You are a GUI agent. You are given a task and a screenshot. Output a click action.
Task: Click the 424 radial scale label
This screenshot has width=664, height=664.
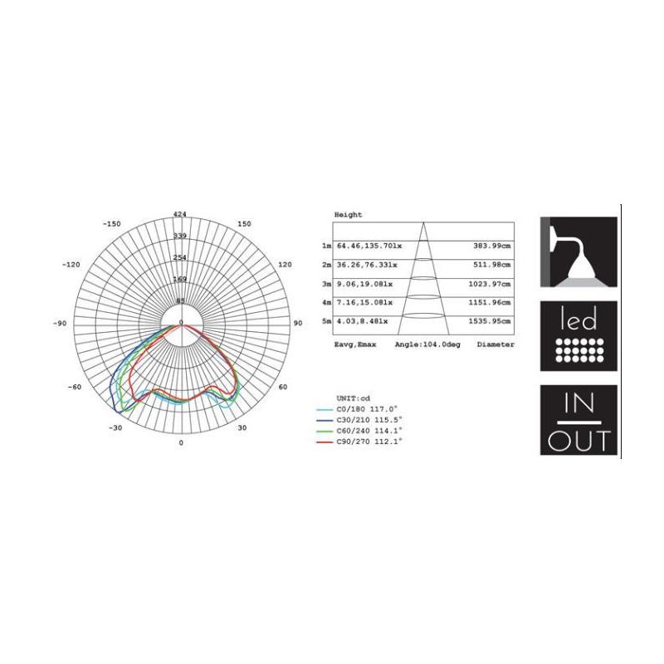180,215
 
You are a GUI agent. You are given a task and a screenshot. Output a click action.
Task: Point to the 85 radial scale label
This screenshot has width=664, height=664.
180,300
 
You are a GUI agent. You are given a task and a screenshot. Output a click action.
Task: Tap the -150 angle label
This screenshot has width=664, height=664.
112,224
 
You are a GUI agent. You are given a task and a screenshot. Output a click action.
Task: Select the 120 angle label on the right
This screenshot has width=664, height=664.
285,264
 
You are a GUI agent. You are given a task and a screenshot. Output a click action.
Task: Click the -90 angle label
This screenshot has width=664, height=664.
60,323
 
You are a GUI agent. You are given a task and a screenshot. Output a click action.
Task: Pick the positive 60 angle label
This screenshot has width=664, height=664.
282,387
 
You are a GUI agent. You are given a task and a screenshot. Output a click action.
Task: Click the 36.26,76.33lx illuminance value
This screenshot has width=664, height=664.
366,266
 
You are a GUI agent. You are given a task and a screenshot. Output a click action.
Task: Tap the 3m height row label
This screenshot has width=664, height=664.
327,284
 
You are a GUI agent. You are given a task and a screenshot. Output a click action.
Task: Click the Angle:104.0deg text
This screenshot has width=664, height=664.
427,344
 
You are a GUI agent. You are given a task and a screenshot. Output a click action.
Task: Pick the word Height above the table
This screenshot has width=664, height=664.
348,215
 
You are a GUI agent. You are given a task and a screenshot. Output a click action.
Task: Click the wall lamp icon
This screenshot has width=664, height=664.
579,252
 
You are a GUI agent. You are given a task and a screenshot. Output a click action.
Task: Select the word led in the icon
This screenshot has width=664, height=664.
579,320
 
